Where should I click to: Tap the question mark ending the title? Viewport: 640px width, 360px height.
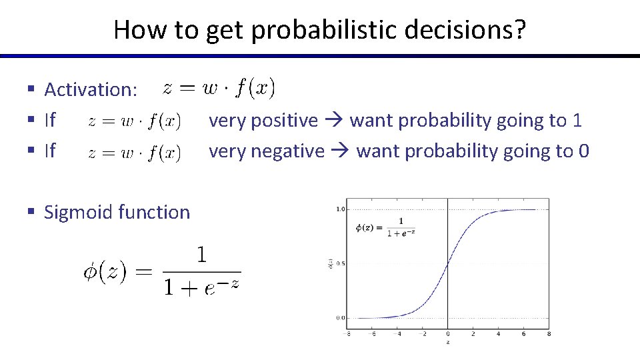[x=519, y=30]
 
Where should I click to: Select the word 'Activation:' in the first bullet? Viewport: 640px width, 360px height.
[x=91, y=89]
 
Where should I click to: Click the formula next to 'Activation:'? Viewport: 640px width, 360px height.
[x=219, y=87]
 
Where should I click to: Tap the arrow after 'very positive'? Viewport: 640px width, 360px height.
[x=334, y=121]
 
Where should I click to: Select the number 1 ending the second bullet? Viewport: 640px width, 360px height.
[x=577, y=121]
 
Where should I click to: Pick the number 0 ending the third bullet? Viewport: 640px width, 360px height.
[x=584, y=151]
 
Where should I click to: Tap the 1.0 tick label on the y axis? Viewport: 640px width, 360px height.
[x=341, y=209]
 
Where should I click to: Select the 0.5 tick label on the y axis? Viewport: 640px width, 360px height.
[x=341, y=263]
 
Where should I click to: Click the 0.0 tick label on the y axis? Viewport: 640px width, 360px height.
[x=341, y=318]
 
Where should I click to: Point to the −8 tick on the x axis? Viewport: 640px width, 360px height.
[x=347, y=334]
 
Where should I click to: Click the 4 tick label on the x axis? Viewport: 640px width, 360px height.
[x=498, y=334]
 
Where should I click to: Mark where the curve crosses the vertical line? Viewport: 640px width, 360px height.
[x=447, y=263]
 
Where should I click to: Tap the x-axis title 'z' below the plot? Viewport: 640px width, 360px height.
[x=447, y=343]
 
